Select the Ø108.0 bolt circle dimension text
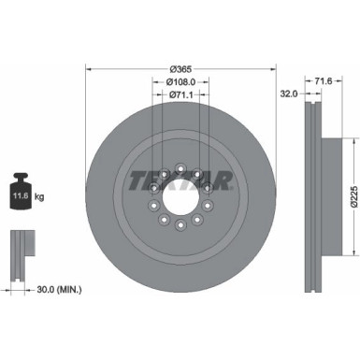(181, 81)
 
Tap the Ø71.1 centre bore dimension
(181, 94)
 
